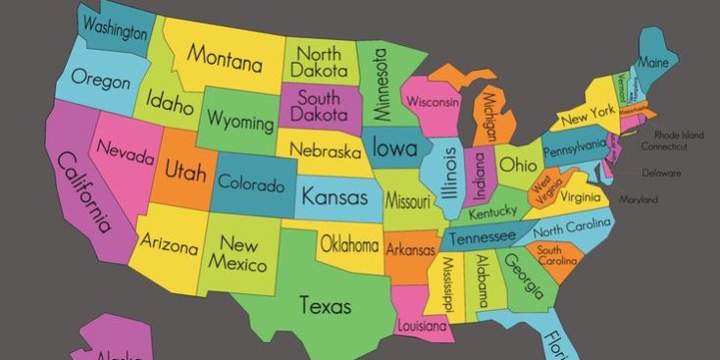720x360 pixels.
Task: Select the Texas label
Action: (x=325, y=305)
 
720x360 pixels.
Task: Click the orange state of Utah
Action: (x=185, y=173)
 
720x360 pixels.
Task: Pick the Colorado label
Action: (x=251, y=183)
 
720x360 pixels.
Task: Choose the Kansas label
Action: (x=334, y=196)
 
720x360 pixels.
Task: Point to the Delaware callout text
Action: (x=661, y=173)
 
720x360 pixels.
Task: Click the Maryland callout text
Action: (x=639, y=200)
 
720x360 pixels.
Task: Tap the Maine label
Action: (x=653, y=62)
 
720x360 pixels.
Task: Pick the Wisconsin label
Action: (x=433, y=101)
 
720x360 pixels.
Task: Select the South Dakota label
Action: (x=319, y=107)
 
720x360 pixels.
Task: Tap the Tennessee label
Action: (x=482, y=237)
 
